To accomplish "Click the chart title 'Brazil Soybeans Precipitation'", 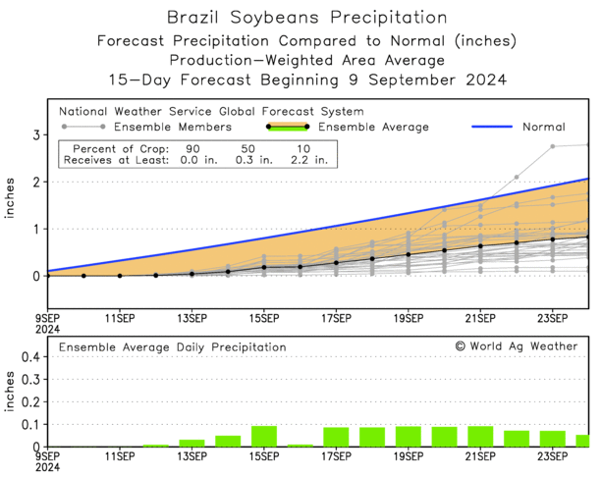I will coord(301,18).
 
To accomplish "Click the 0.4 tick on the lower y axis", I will coord(30,357).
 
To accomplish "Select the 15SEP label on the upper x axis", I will coord(264,318).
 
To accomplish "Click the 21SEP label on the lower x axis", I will coord(480,456).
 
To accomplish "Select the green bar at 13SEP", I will coord(192,443).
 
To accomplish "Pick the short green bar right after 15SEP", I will coord(301,445).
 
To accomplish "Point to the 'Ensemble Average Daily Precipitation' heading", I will coord(173,346).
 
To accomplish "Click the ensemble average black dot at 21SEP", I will coord(480,245).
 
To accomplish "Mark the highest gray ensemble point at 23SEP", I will coord(553,146).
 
